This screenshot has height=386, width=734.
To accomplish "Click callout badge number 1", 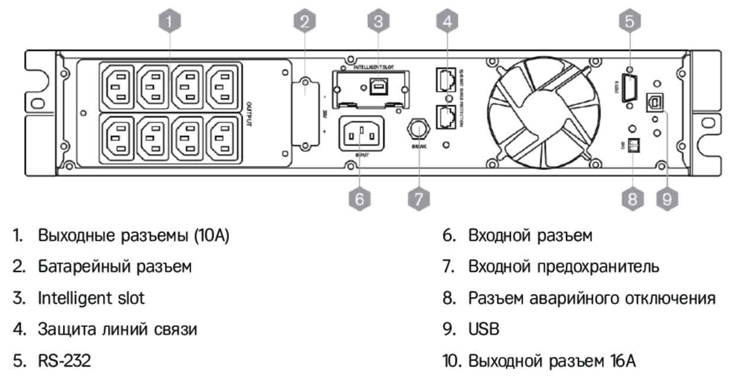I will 169,22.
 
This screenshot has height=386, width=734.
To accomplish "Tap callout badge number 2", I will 304,22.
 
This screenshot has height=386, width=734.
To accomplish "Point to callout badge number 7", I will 418,199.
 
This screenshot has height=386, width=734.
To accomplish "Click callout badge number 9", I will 667,199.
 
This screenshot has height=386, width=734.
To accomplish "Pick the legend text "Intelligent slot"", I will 90,298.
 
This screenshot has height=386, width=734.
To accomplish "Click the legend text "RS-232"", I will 64,361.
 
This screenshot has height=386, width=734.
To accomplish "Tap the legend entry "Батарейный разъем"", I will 115,267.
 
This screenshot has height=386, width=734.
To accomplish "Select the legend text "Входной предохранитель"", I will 564,267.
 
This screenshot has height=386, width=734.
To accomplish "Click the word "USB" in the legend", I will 484,329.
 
